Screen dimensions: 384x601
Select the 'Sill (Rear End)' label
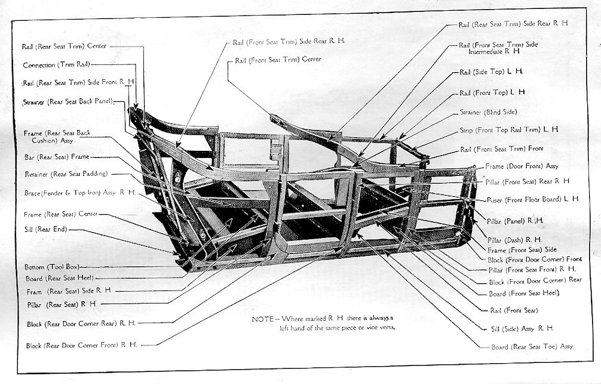[x=47, y=229]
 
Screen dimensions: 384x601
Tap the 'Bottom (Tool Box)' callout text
[x=52, y=267]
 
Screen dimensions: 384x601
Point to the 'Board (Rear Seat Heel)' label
[x=60, y=278]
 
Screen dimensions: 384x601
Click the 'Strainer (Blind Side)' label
[x=488, y=112]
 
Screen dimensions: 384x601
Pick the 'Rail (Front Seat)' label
[x=514, y=310]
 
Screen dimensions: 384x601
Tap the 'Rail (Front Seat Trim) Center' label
[x=278, y=60]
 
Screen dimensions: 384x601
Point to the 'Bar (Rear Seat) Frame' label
[x=56, y=157]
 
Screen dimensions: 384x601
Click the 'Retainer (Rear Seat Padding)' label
[x=66, y=174]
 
